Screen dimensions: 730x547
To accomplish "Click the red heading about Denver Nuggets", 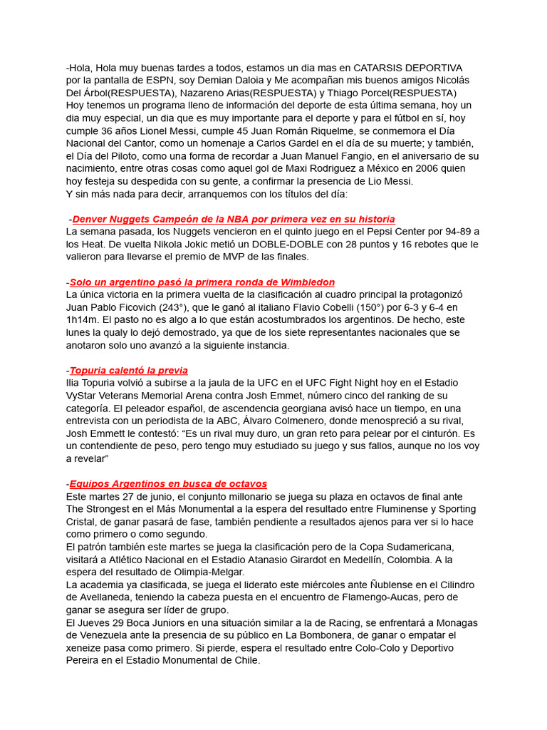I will [234, 219].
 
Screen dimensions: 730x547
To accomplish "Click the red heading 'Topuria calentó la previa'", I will [129, 370].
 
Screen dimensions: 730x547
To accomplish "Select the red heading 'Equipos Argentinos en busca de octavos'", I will [168, 483].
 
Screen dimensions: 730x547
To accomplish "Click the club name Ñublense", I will [377, 585].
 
